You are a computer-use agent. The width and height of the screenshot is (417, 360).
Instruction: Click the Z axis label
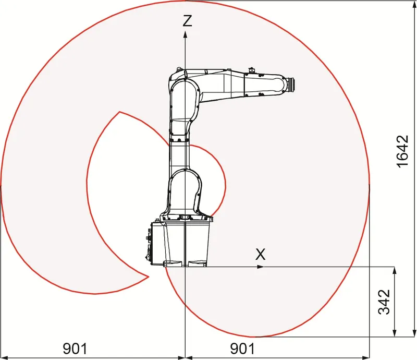[187, 20]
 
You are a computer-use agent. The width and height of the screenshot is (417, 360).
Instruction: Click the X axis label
[260, 254]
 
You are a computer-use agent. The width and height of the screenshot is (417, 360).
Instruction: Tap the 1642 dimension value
[402, 151]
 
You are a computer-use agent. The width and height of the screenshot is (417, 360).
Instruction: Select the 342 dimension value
[384, 302]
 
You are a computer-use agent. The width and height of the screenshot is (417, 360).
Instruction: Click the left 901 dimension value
[75, 349]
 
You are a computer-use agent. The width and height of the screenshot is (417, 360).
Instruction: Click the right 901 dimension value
[242, 349]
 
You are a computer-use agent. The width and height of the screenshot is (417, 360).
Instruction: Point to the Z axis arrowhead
[186, 34]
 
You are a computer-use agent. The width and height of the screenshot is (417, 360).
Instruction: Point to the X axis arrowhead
[260, 267]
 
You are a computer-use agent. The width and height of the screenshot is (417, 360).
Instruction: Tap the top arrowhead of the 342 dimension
[395, 270]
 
